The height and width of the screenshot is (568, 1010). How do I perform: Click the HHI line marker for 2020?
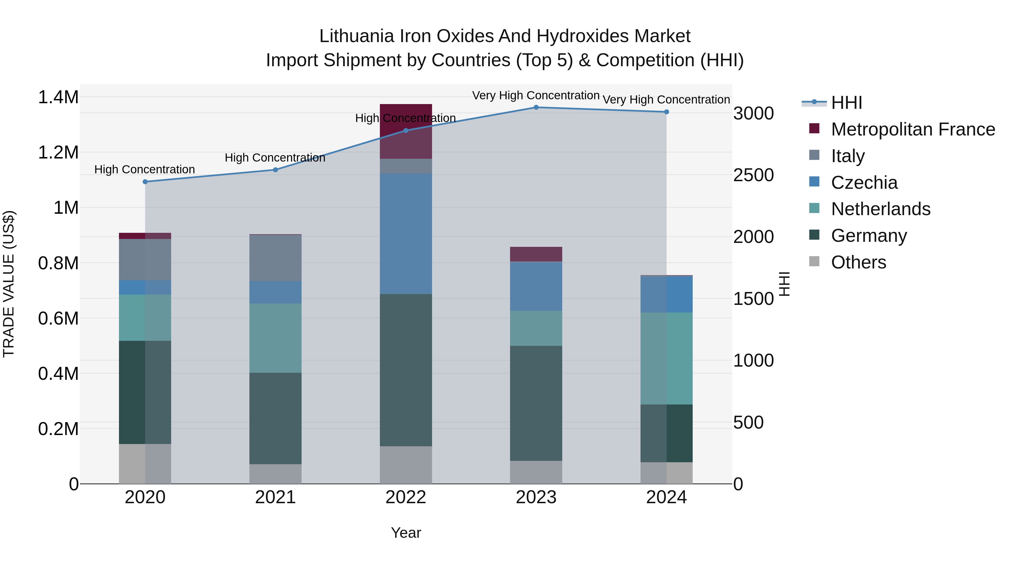coord(145,182)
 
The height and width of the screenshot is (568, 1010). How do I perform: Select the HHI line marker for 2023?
coord(536,107)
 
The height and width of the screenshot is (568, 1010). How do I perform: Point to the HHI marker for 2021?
coord(275,170)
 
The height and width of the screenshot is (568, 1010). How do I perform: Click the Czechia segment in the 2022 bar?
coord(406,234)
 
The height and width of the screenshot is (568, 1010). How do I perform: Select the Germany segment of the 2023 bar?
coord(536,403)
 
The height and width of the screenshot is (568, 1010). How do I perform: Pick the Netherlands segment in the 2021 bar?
coord(275,338)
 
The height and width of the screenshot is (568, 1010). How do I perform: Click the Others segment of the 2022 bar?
coord(406,465)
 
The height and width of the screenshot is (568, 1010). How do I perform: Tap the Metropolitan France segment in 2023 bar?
coord(536,254)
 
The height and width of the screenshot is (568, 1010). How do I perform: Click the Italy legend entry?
coord(848,156)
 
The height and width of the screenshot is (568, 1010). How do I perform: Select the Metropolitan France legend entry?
coord(913,129)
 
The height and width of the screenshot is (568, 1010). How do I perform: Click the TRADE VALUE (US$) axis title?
coord(9,284)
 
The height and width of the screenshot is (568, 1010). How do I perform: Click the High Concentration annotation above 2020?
coord(145,170)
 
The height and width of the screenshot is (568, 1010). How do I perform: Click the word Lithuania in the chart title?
coord(356,36)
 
